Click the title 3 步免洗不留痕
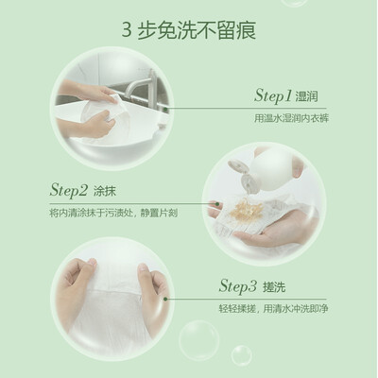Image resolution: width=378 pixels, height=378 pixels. pyautogui.click(x=189, y=30)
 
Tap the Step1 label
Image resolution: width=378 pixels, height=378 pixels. pyautogui.click(x=273, y=95)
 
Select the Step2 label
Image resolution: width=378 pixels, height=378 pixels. pyautogui.click(x=68, y=191)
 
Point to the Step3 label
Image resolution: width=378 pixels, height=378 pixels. pyautogui.click(x=238, y=286)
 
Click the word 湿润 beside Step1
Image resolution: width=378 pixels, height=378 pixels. pyautogui.click(x=306, y=96)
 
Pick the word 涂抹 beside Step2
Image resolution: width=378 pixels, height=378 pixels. pyautogui.click(x=105, y=191)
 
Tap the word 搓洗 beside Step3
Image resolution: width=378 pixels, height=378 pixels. pyautogui.click(x=274, y=287)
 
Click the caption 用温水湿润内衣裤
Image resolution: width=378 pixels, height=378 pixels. pyautogui.click(x=291, y=118)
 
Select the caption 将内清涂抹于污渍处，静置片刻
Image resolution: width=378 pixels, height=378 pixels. pyautogui.click(x=113, y=214)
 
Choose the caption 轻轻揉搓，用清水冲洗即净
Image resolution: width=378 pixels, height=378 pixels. pyautogui.click(x=274, y=308)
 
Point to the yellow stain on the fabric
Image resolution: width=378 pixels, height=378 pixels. pyautogui.click(x=247, y=209)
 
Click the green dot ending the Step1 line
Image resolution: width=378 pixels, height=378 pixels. pyautogui.click(x=165, y=110)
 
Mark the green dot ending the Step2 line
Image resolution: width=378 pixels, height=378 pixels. pyautogui.click(x=217, y=204)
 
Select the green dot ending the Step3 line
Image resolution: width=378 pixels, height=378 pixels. pyautogui.click(x=165, y=299)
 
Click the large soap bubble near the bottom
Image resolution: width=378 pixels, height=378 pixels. pyautogui.click(x=199, y=340)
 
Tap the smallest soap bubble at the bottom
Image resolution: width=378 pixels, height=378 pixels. pyautogui.click(x=241, y=355)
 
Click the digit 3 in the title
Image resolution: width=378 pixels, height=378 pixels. pyautogui.click(x=126, y=31)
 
